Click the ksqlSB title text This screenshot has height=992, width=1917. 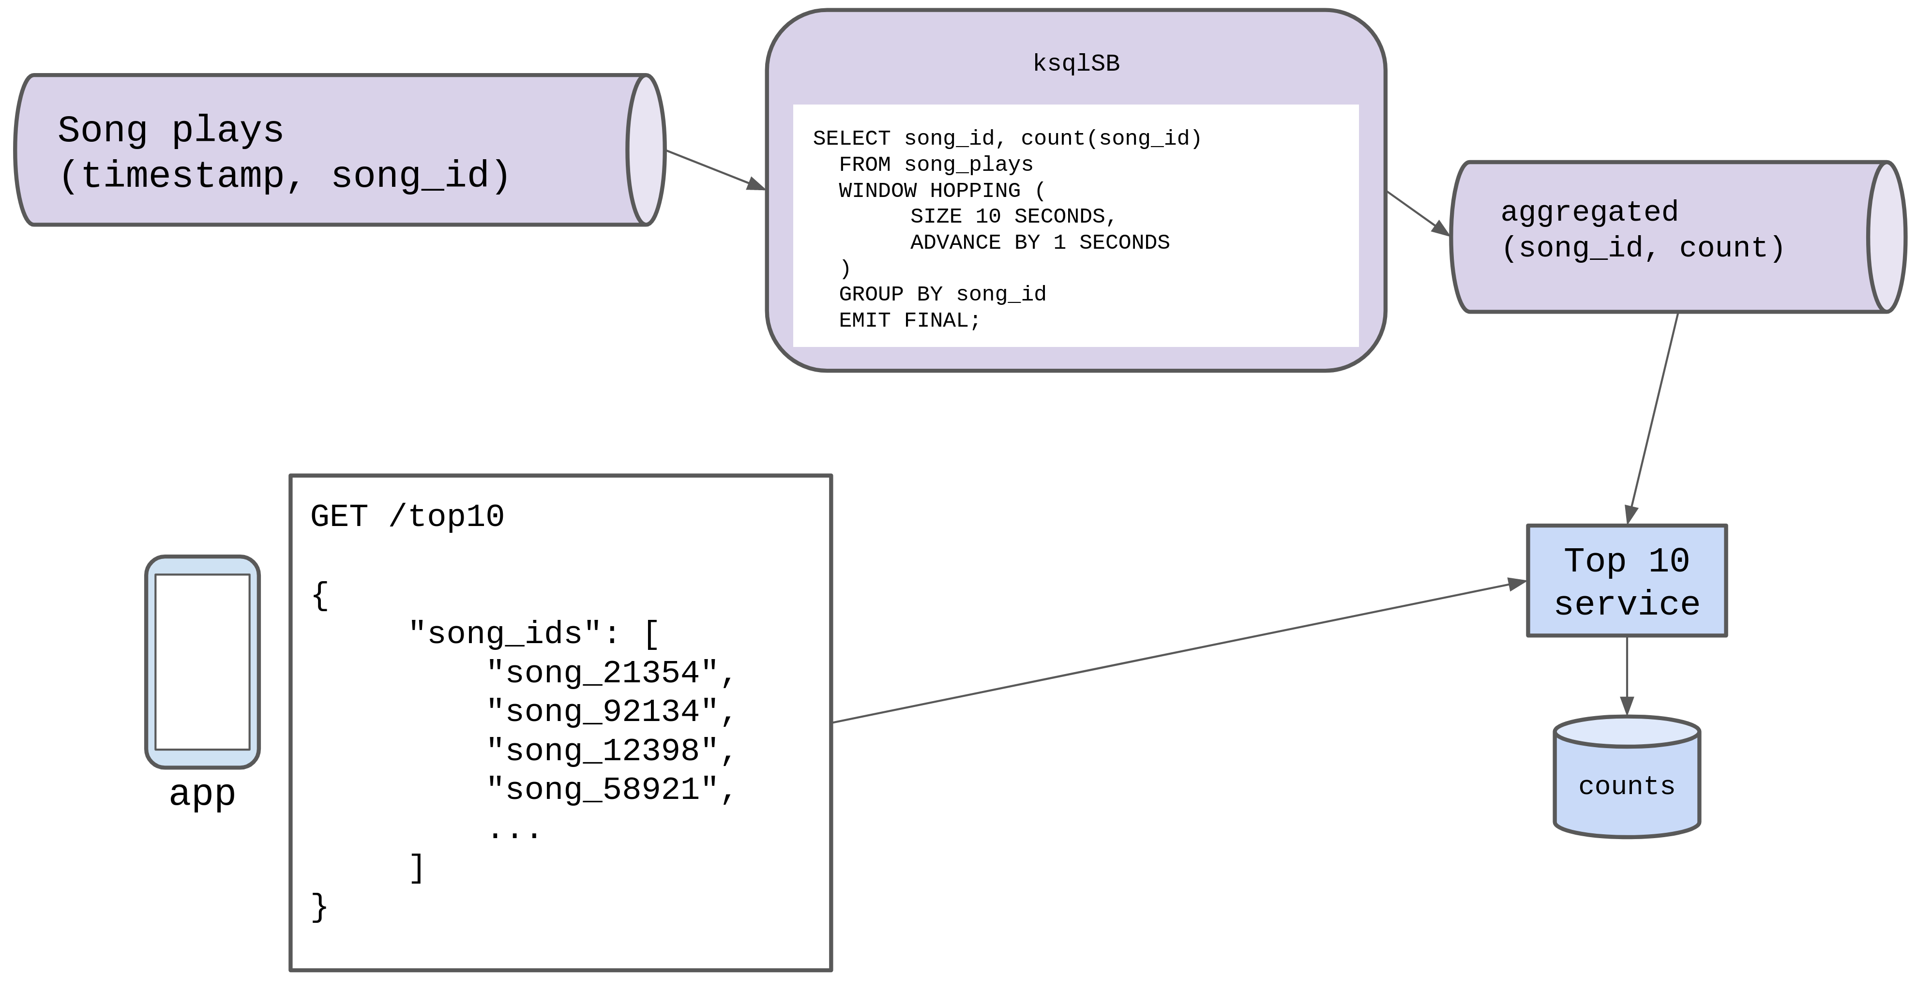click(x=1076, y=63)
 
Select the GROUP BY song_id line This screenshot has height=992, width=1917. click(x=942, y=294)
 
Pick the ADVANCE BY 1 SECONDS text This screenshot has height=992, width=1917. click(x=1040, y=242)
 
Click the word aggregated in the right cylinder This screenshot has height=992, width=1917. click(x=1589, y=212)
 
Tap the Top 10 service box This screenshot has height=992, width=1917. click(x=1627, y=581)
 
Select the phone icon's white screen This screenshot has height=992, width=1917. click(x=202, y=661)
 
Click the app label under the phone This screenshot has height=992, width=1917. click(x=202, y=793)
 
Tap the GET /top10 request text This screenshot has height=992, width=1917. click(x=407, y=516)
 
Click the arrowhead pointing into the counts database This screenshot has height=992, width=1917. click(x=1627, y=707)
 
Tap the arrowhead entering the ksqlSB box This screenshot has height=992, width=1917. click(x=757, y=184)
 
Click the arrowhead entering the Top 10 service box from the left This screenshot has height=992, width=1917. click(x=1517, y=584)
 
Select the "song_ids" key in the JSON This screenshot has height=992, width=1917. click(x=505, y=633)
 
